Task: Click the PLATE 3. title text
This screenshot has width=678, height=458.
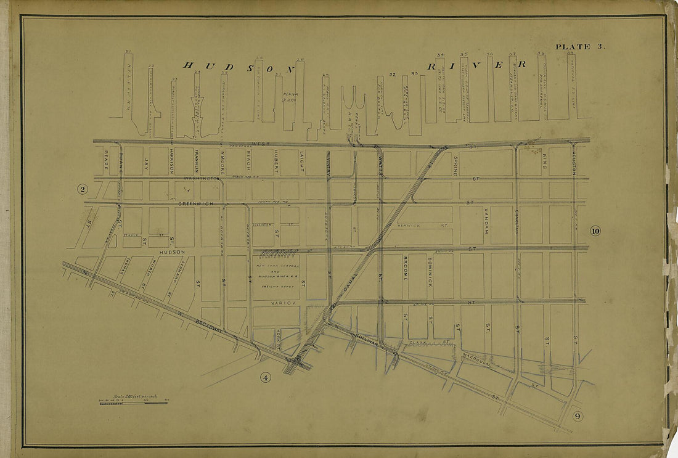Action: point(573,47)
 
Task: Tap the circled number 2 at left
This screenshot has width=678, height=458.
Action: point(81,189)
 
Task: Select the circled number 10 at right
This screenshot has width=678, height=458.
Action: point(595,231)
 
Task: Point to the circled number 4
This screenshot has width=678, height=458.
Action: point(266,378)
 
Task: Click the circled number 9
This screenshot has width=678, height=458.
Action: point(577,416)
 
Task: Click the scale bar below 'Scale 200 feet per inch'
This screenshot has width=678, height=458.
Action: point(133,404)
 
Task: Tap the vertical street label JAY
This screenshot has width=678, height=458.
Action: point(146,164)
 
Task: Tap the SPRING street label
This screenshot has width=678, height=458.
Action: point(455,166)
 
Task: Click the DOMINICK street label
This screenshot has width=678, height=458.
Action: point(430,272)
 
